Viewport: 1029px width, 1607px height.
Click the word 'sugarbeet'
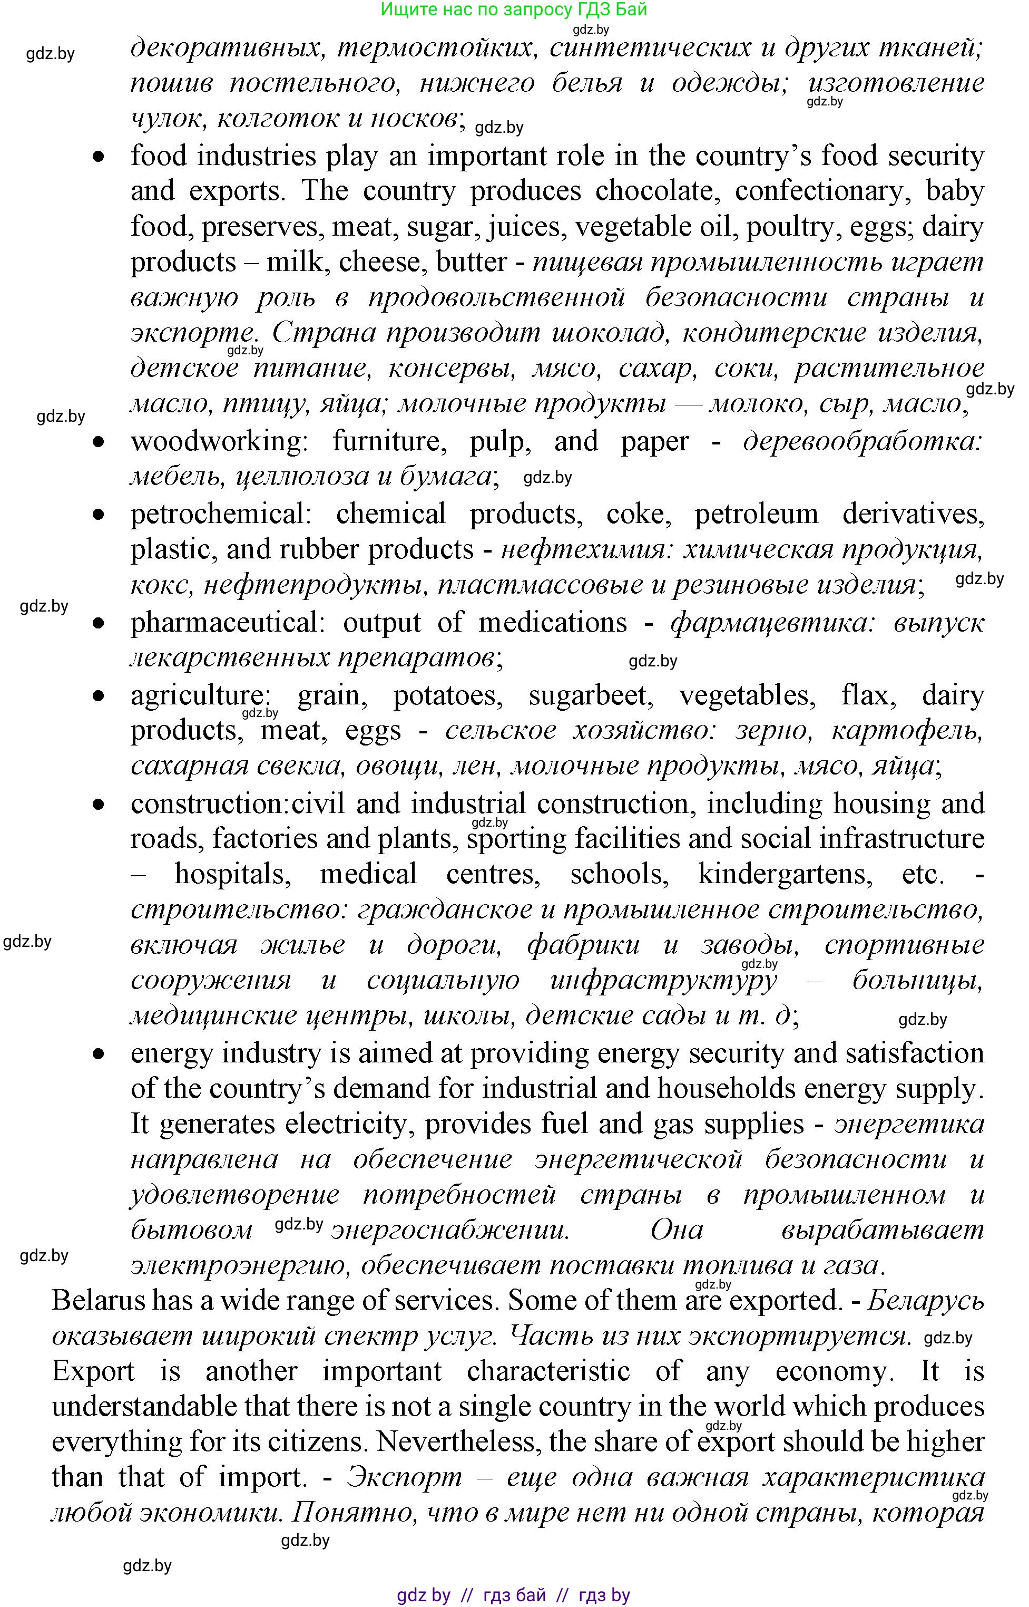(x=590, y=696)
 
